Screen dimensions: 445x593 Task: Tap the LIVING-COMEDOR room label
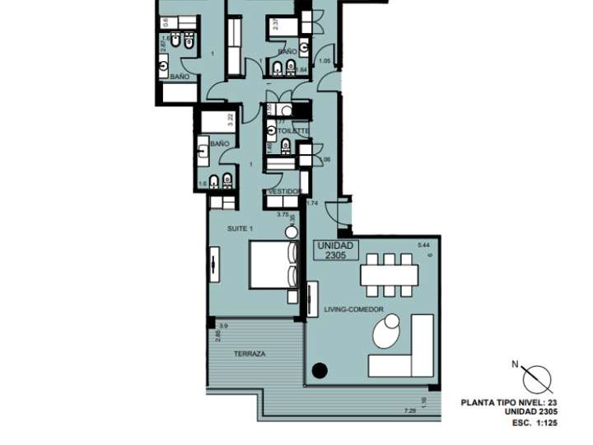click(x=353, y=309)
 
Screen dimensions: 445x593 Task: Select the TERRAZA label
click(x=249, y=354)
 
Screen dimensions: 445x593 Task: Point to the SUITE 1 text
click(x=240, y=227)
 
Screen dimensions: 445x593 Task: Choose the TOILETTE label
click(x=293, y=131)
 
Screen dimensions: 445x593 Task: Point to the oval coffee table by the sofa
click(x=385, y=333)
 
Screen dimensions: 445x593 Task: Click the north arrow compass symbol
click(x=539, y=377)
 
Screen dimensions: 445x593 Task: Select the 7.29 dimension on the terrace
click(x=409, y=411)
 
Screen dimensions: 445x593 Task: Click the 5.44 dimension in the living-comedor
click(x=424, y=246)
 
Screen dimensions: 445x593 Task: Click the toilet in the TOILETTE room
click(x=286, y=145)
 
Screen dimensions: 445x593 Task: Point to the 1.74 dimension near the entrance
click(x=311, y=203)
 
